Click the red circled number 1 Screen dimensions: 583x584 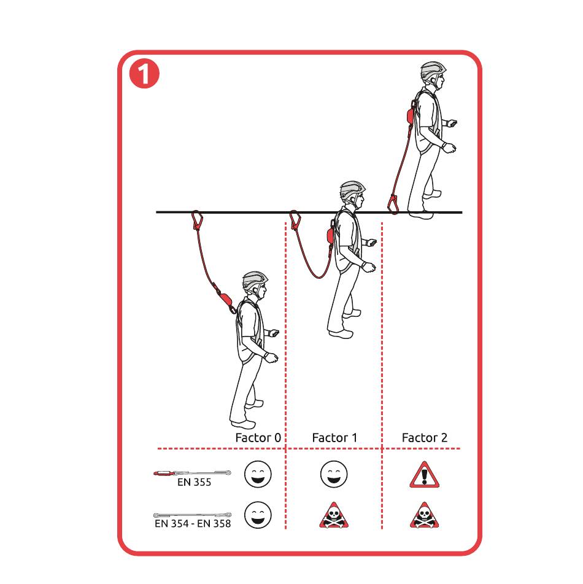click(x=144, y=73)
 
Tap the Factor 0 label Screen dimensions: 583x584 click(x=258, y=438)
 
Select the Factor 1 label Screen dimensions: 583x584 click(x=334, y=438)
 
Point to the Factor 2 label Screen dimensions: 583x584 click(x=425, y=438)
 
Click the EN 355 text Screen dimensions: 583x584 click(x=194, y=482)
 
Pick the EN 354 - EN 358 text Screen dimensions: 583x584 click(x=193, y=524)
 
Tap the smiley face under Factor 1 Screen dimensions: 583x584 click(x=334, y=474)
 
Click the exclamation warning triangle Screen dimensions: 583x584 click(x=425, y=475)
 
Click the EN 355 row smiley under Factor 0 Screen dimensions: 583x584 click(x=258, y=474)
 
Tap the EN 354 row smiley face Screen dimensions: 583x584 click(x=258, y=515)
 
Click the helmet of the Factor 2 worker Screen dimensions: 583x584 click(x=433, y=71)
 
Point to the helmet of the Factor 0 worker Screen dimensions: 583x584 click(x=255, y=280)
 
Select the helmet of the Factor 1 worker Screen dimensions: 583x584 click(x=352, y=190)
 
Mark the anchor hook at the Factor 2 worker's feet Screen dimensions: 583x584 click(x=393, y=204)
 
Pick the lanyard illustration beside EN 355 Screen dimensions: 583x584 click(x=192, y=473)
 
